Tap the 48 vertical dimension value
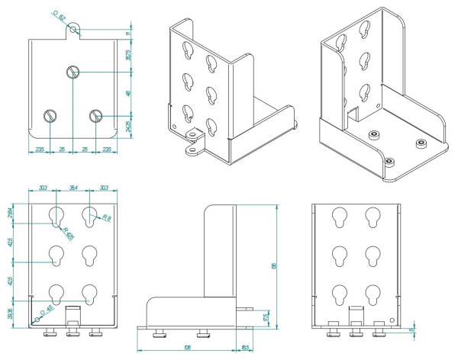127,93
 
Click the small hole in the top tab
73,30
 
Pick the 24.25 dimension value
127,124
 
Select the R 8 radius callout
106,219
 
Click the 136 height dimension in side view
273,266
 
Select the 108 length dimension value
187,348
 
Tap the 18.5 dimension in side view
244,348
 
